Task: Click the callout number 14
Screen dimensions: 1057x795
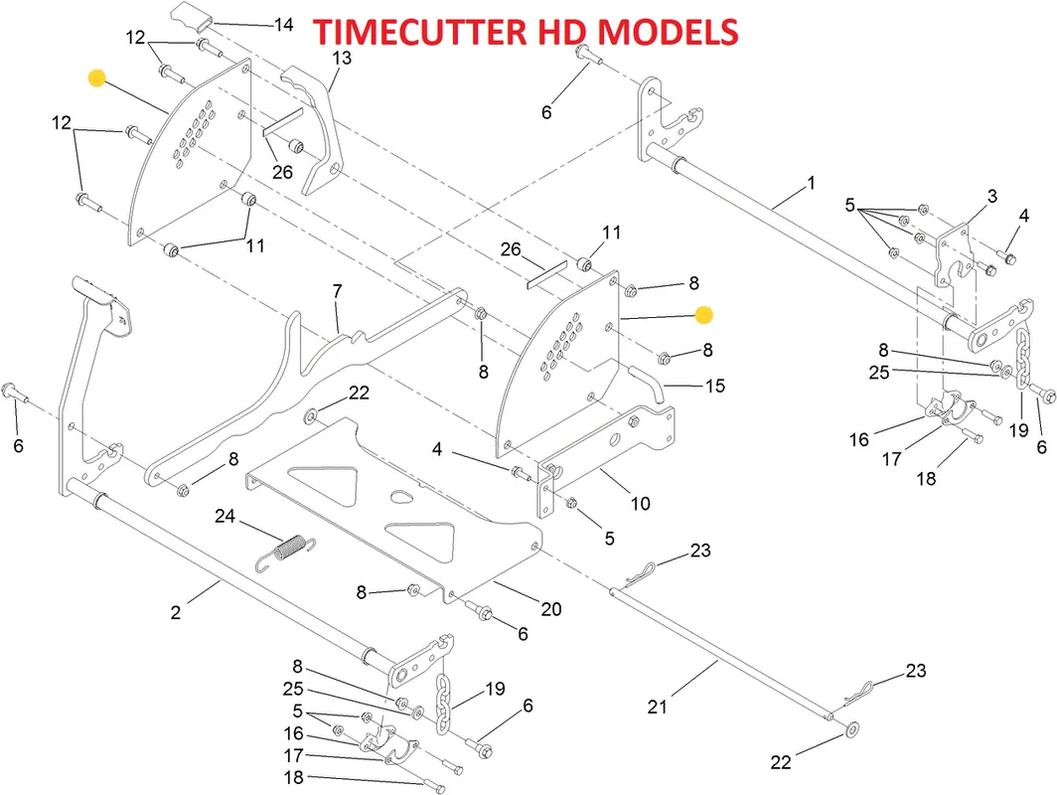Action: [284, 25]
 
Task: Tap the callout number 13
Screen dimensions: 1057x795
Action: [342, 58]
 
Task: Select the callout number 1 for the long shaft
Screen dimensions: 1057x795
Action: [812, 183]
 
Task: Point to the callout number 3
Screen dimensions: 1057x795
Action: [992, 196]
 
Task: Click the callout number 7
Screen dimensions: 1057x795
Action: [337, 291]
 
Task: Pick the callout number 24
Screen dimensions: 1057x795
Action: [225, 516]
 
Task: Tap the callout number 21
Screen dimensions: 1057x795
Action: [658, 707]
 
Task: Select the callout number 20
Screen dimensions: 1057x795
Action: [550, 609]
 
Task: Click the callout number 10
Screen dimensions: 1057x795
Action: [640, 503]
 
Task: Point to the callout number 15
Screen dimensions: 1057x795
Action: [714, 386]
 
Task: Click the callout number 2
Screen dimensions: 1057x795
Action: [175, 612]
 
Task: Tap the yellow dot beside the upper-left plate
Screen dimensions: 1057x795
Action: [97, 79]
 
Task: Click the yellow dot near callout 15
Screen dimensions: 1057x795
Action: [703, 315]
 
